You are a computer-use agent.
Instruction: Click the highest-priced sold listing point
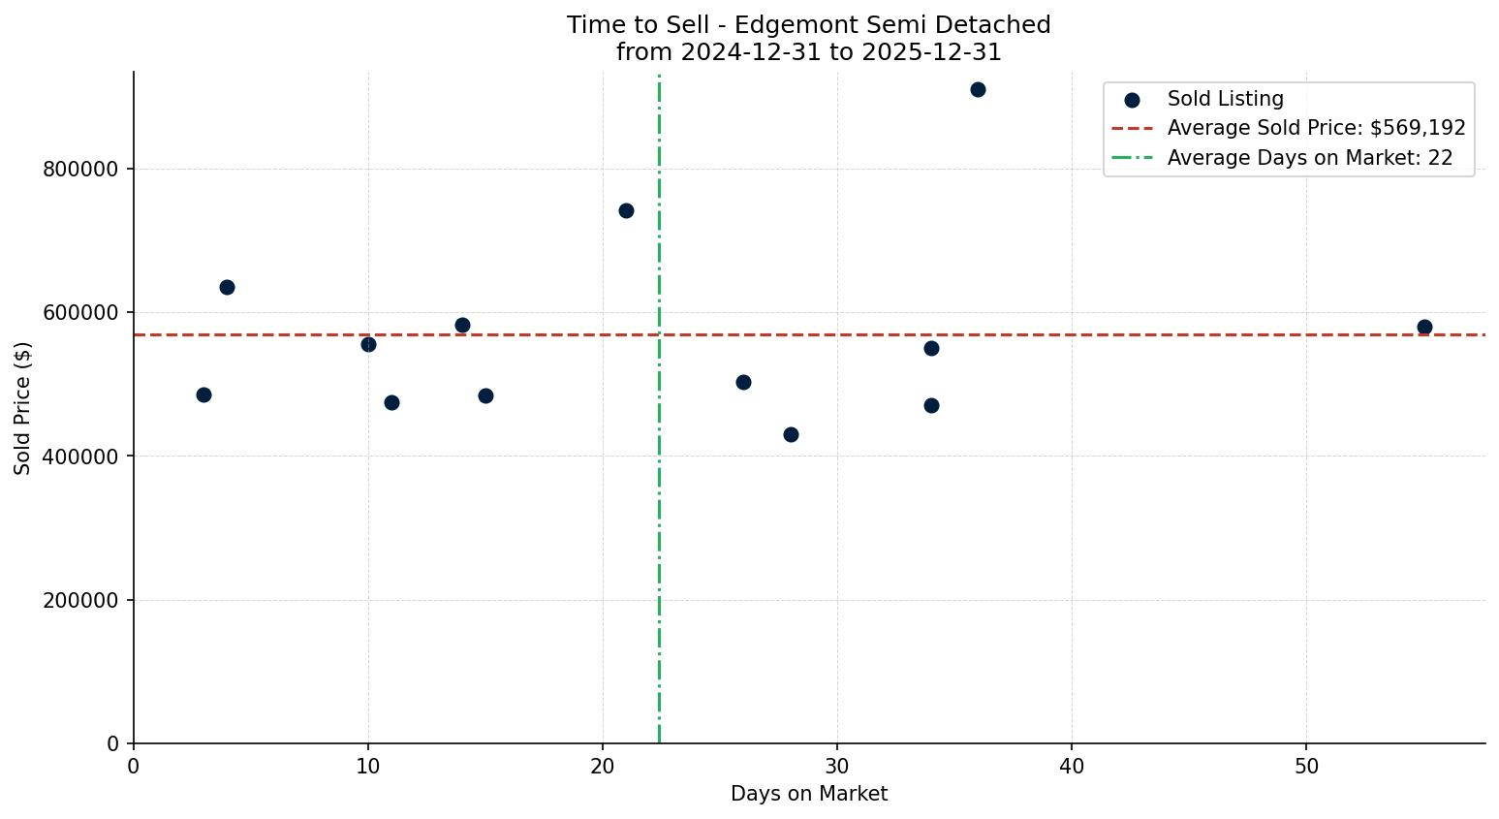[978, 90]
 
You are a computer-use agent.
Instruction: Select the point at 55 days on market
[1423, 327]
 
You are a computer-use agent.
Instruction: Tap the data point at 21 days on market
[626, 210]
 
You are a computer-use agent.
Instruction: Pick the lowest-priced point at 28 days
[791, 434]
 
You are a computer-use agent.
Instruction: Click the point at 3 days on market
[203, 394]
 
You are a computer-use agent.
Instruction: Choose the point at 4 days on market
[227, 287]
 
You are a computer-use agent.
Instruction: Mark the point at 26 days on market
[743, 382]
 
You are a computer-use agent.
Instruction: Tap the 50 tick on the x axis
[1306, 767]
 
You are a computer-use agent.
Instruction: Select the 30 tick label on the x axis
[837, 767]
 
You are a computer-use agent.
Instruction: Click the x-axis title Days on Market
[808, 794]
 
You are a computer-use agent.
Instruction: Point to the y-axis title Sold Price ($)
[23, 408]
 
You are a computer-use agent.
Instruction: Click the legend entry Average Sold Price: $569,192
[1316, 128]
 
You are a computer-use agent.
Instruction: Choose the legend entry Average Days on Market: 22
[1309, 158]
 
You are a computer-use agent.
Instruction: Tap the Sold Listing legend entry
[1225, 99]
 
